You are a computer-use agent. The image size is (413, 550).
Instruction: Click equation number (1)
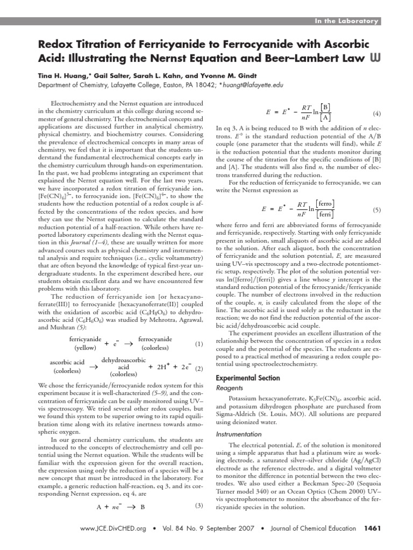click(199, 344)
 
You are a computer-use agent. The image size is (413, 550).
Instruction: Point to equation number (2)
click(199, 368)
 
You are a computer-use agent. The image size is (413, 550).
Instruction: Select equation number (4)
click(376, 114)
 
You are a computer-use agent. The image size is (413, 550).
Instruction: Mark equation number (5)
click(376, 209)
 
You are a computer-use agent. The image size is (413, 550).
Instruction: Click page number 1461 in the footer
click(372, 529)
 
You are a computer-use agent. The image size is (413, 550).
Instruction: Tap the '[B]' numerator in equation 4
click(325, 108)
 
